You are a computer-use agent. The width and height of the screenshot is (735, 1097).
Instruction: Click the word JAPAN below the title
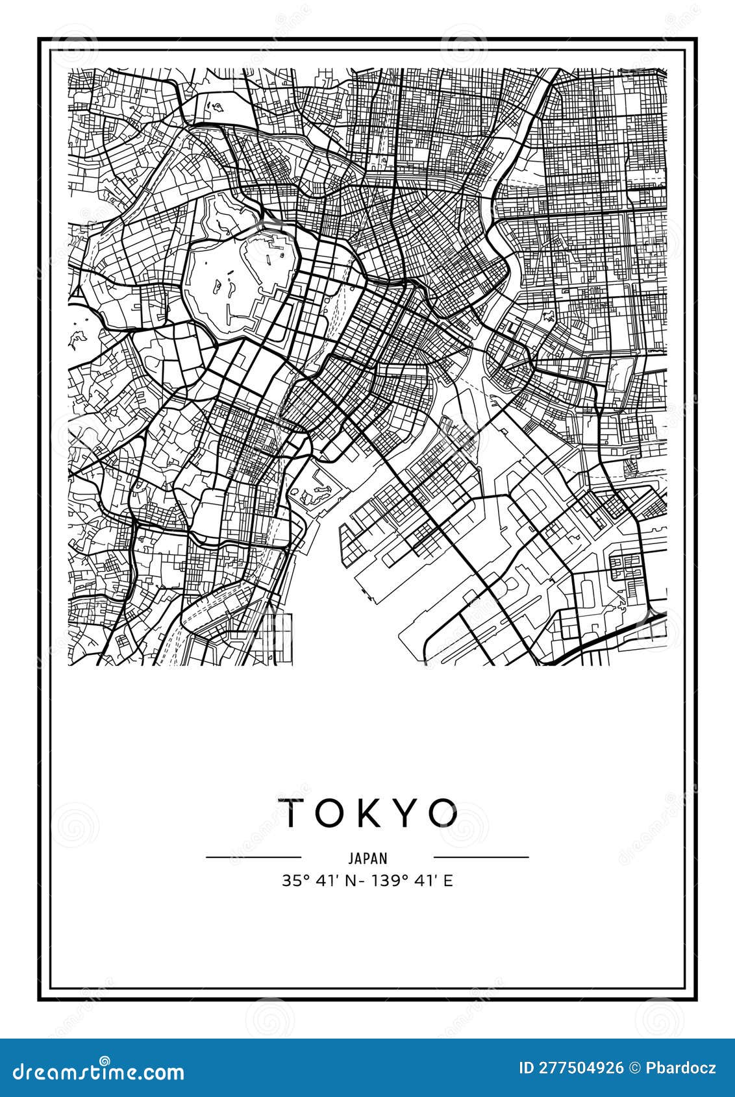(x=367, y=858)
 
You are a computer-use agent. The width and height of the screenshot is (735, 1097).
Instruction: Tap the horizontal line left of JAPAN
(x=253, y=857)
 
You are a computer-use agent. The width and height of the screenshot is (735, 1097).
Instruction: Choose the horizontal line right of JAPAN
(x=481, y=857)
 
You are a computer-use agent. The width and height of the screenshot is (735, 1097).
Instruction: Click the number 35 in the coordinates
(x=290, y=881)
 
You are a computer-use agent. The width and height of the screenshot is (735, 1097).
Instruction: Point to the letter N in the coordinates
(x=340, y=881)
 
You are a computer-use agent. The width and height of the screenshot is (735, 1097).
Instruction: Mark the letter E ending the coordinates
(x=447, y=881)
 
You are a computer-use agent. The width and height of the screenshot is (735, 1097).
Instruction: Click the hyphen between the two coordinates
(x=351, y=881)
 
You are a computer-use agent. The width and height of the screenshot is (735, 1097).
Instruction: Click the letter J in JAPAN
(x=351, y=858)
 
